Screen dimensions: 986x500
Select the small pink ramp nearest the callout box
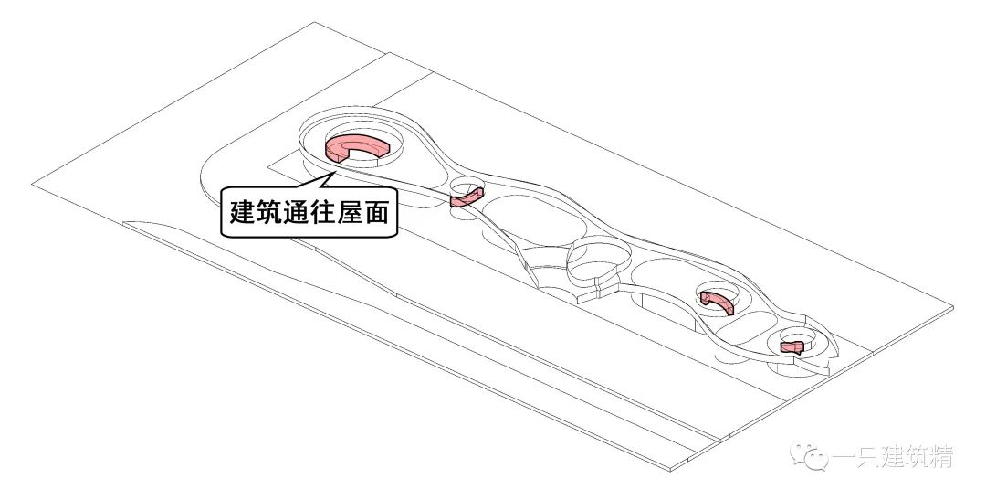click(x=466, y=197)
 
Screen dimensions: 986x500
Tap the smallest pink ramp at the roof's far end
click(x=792, y=347)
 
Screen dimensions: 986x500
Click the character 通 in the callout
click(x=292, y=212)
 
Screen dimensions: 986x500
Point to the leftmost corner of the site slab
click(x=32, y=184)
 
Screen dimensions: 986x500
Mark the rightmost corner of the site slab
click(x=953, y=309)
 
